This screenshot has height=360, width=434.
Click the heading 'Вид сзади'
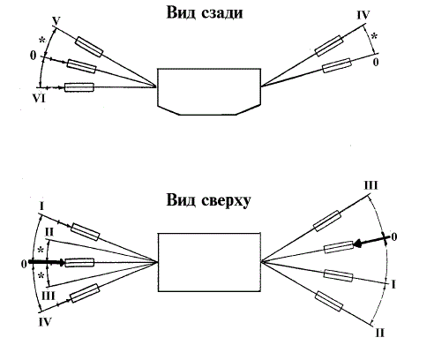point(205,13)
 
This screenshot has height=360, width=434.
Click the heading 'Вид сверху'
point(208,200)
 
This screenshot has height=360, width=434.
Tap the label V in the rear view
point(56,21)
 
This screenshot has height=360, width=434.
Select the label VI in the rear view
point(39,98)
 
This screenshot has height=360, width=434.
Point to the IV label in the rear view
point(363,15)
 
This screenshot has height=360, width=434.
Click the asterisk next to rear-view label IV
point(374,37)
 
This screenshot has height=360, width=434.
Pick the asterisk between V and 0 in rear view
point(42,41)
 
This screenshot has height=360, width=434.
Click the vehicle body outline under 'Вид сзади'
point(209,92)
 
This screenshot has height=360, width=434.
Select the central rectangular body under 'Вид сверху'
point(209,262)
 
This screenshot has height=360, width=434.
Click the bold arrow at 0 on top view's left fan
point(47,262)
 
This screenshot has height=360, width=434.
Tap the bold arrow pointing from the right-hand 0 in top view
point(372,241)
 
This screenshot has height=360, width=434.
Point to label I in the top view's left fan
point(41,206)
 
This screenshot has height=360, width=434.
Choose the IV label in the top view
point(45,322)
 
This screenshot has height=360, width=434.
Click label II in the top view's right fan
point(380,334)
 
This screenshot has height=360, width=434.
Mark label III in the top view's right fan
point(371,185)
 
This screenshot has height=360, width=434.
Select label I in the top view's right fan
point(393,284)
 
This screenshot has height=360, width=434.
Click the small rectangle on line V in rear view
point(89,47)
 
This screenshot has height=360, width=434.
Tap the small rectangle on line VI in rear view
point(79,87)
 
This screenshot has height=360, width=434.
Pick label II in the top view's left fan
point(49,232)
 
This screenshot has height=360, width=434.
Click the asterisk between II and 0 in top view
point(41,251)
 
